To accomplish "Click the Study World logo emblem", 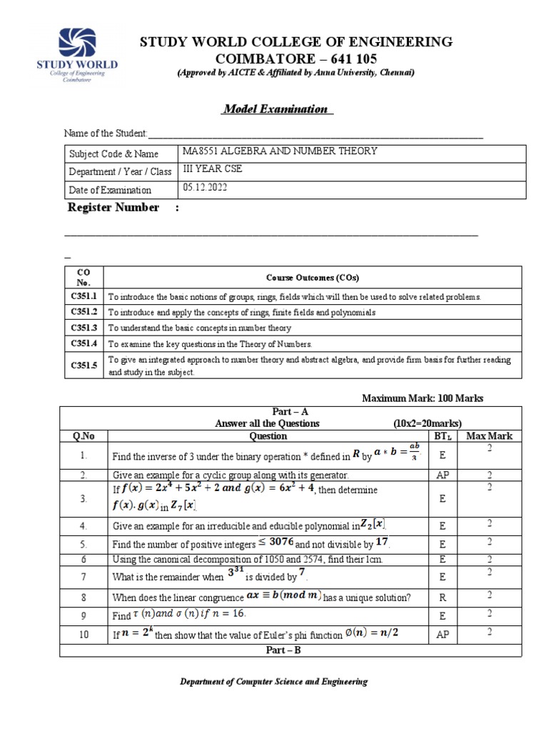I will point(76,44).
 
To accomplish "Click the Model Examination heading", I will point(275,109).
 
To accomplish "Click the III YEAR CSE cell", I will point(212,170).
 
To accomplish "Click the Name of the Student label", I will point(106,133).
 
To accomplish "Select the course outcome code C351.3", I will point(83,328).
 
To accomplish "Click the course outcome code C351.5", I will point(83,365).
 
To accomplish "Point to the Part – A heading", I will point(289,413).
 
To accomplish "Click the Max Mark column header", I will point(489,435).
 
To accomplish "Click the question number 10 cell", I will point(83,635).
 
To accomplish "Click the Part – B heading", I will point(289,650).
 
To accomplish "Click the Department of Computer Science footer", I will point(273,682).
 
